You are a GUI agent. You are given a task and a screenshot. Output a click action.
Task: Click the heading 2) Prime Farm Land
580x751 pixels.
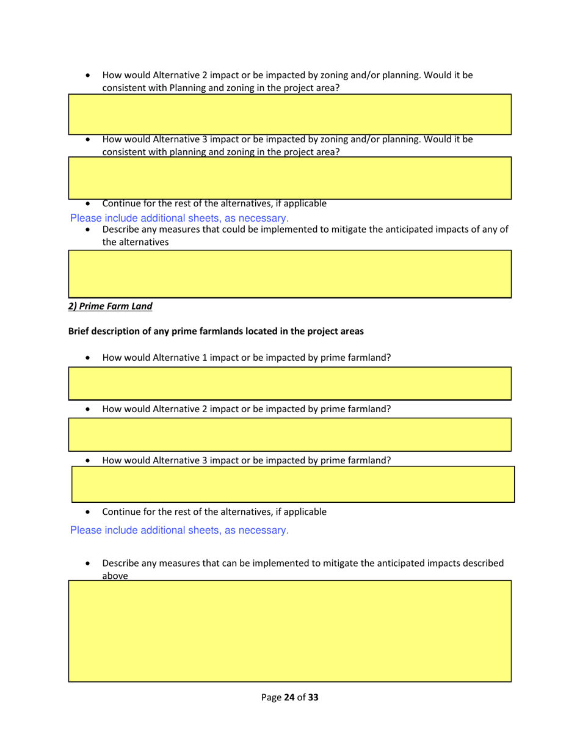pyautogui.click(x=110, y=307)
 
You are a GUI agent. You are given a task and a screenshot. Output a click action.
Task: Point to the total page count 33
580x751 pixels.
pyautogui.click(x=313, y=697)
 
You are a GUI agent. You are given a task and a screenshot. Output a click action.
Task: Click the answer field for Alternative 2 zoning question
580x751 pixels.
pyautogui.click(x=289, y=114)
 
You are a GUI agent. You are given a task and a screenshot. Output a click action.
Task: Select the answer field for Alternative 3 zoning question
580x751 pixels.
pyautogui.click(x=289, y=178)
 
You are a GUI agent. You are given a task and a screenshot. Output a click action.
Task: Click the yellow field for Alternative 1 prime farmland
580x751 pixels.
pyautogui.click(x=289, y=383)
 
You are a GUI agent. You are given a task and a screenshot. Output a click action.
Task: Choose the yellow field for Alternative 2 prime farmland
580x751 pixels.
pyautogui.click(x=289, y=435)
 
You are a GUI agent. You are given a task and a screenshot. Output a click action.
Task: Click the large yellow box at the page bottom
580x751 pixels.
pyautogui.click(x=289, y=631)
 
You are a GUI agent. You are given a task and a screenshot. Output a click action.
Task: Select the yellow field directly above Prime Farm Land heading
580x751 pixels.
pyautogui.click(x=289, y=274)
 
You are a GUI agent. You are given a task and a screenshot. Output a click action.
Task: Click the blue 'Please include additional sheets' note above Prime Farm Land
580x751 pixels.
pyautogui.click(x=179, y=217)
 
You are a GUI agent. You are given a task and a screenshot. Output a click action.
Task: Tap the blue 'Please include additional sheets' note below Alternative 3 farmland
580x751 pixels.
pyautogui.click(x=179, y=530)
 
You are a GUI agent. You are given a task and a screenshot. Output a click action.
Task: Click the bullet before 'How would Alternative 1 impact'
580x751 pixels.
pyautogui.click(x=90, y=358)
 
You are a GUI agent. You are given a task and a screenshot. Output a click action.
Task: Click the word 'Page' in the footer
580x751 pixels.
pyautogui.click(x=270, y=697)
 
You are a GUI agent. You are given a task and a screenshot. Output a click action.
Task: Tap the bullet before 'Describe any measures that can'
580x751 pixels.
pyautogui.click(x=90, y=564)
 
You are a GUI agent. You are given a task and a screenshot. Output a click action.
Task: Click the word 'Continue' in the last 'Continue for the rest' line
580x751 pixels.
pyautogui.click(x=121, y=512)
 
